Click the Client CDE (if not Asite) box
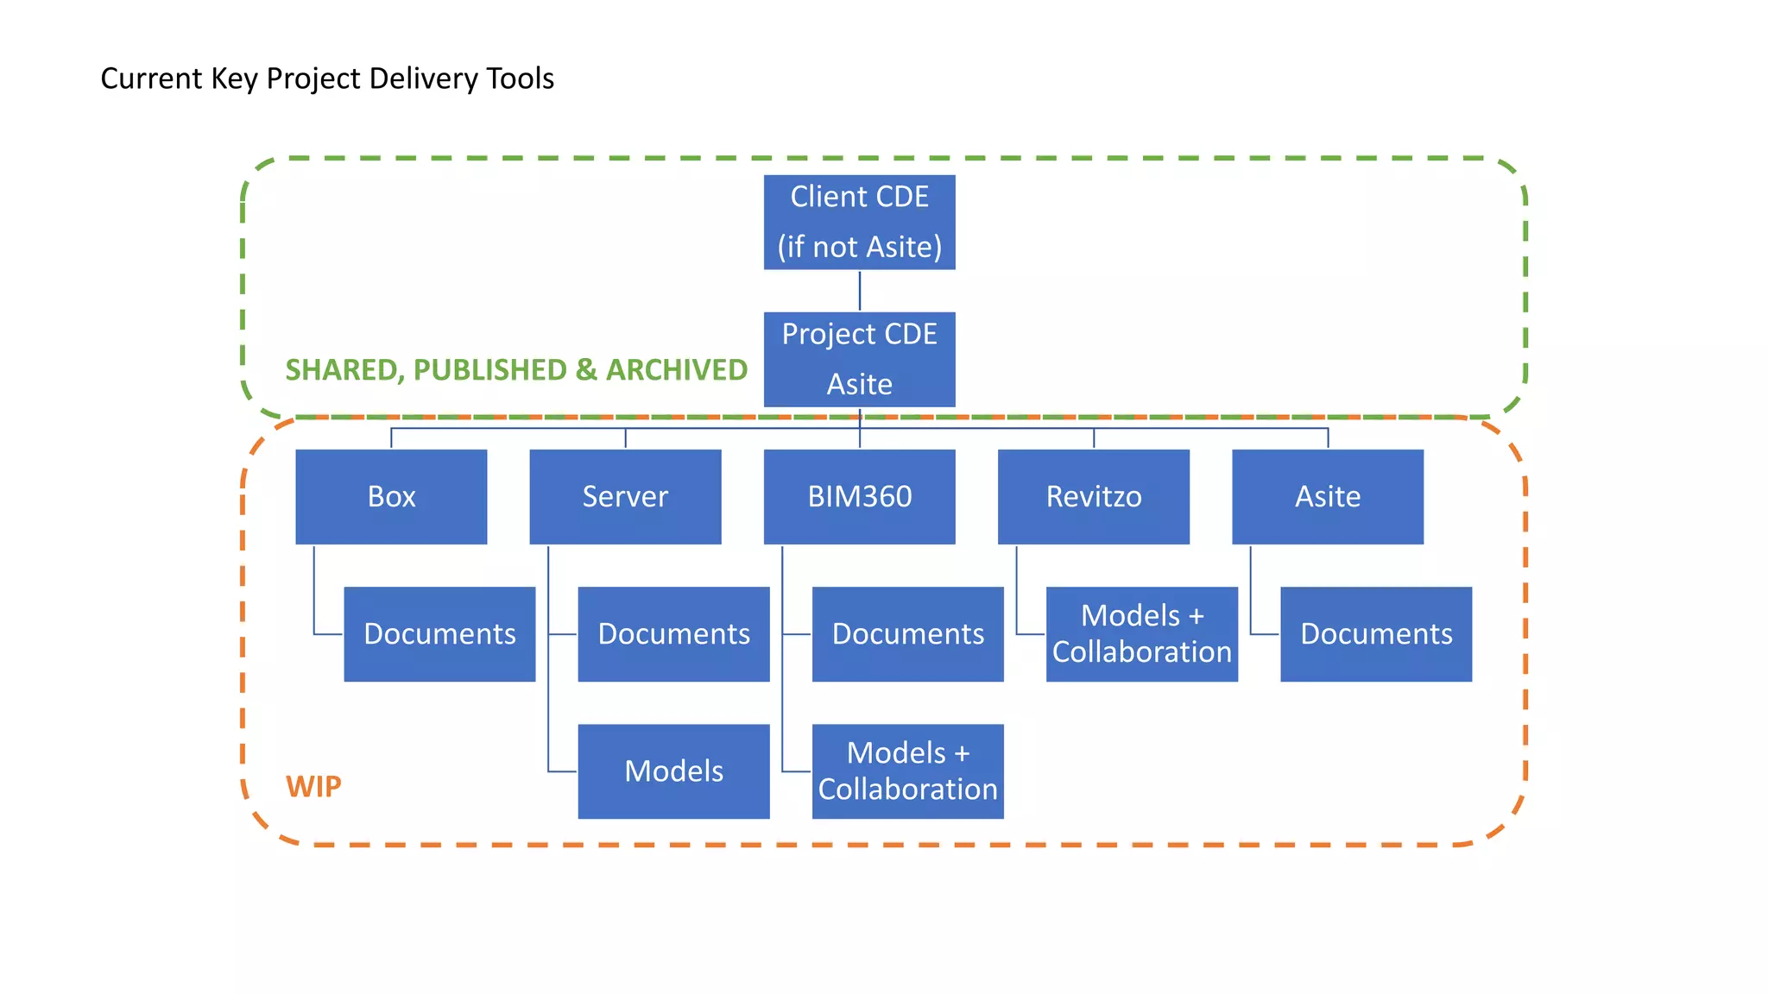point(859,223)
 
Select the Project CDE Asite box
point(859,359)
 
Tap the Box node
point(391,497)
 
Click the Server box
point(625,497)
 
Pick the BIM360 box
point(859,497)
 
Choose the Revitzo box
point(1093,497)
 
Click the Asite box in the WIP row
point(1327,497)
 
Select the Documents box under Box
point(439,634)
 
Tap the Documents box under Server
point(673,634)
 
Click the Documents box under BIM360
point(907,634)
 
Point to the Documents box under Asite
point(1376,634)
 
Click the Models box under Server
point(673,771)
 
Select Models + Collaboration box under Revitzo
point(1141,634)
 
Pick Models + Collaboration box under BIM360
point(907,771)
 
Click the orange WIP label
point(313,787)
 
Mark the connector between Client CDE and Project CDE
point(860,291)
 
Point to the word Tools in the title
point(520,79)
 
